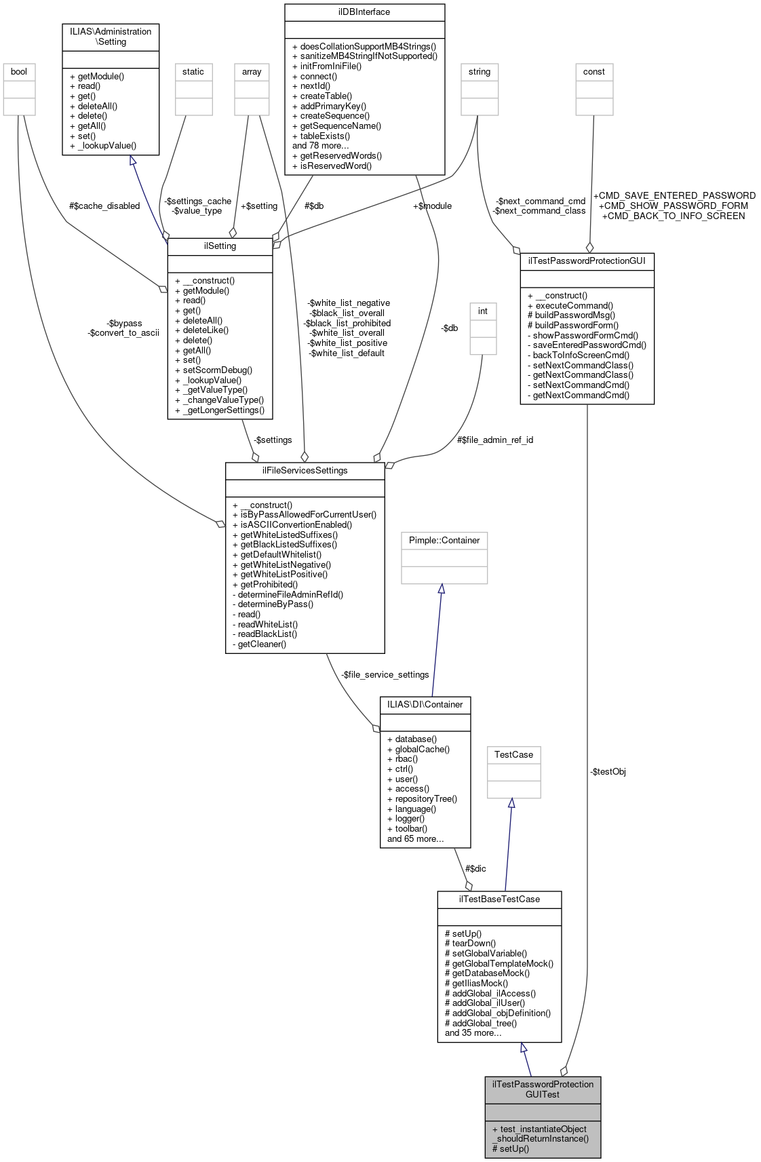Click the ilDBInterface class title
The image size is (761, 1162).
tap(364, 12)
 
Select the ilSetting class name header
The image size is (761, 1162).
tap(220, 246)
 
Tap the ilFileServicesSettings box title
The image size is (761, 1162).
tap(305, 471)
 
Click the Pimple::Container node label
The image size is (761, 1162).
tap(444, 541)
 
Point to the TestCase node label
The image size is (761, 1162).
tap(513, 755)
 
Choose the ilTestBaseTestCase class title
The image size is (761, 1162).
tap(499, 899)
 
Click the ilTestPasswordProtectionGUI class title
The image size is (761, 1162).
tap(587, 261)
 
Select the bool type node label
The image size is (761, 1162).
tap(19, 72)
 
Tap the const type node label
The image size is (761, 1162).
tap(594, 72)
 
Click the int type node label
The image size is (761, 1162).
tap(483, 311)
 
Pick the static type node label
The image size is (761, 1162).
tap(193, 72)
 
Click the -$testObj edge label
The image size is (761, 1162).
tap(608, 772)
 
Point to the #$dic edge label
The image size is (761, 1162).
tap(475, 869)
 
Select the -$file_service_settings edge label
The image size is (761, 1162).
tap(385, 675)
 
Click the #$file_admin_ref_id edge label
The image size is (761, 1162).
tap(495, 440)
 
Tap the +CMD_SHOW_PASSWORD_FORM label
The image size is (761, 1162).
tap(674, 206)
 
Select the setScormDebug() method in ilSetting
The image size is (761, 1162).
tap(214, 370)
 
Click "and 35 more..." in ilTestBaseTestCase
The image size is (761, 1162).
tap(473, 1033)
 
